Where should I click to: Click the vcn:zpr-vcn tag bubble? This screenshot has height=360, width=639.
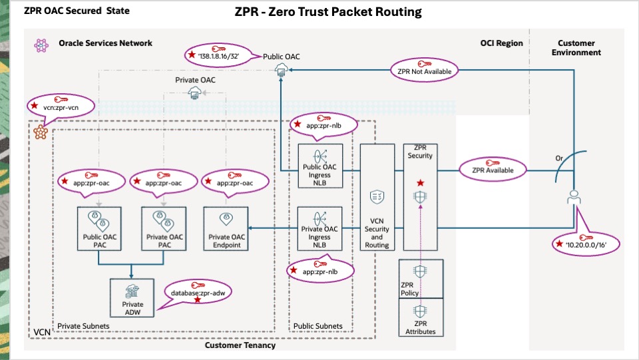[57, 105]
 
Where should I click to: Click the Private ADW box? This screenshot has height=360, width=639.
[132, 297]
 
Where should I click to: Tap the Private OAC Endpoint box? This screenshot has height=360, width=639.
[228, 228]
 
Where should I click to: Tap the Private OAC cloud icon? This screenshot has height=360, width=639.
[196, 93]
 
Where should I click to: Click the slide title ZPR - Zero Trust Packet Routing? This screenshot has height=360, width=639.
[328, 12]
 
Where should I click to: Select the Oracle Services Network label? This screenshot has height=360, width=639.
[105, 43]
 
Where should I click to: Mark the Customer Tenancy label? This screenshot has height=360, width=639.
[240, 345]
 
